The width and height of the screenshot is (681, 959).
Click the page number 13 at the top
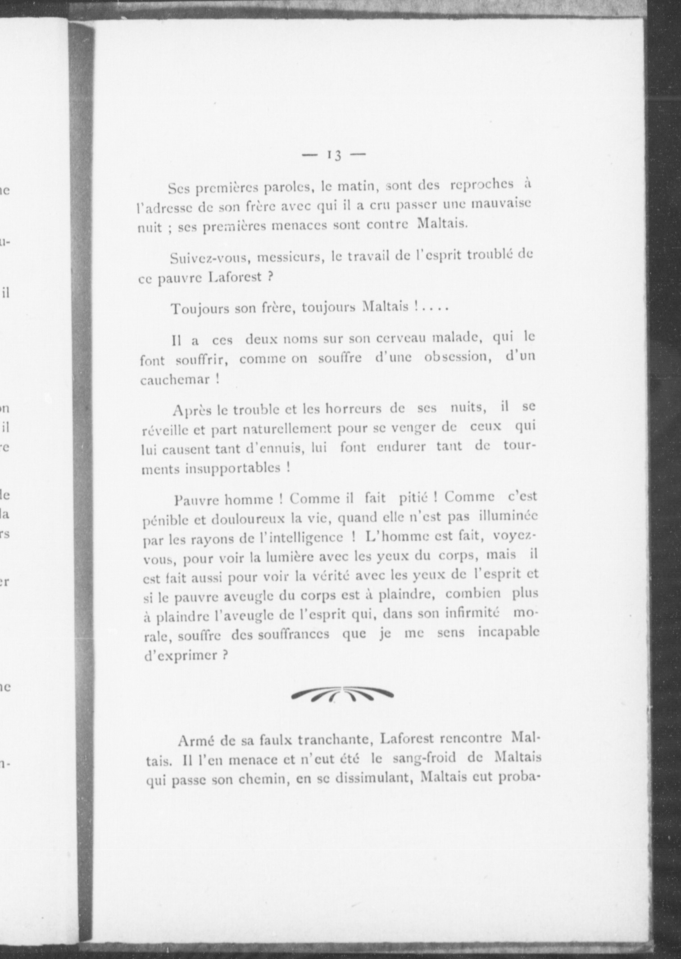click(334, 155)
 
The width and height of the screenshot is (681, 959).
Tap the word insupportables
click(232, 469)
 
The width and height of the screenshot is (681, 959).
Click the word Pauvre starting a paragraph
click(197, 500)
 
